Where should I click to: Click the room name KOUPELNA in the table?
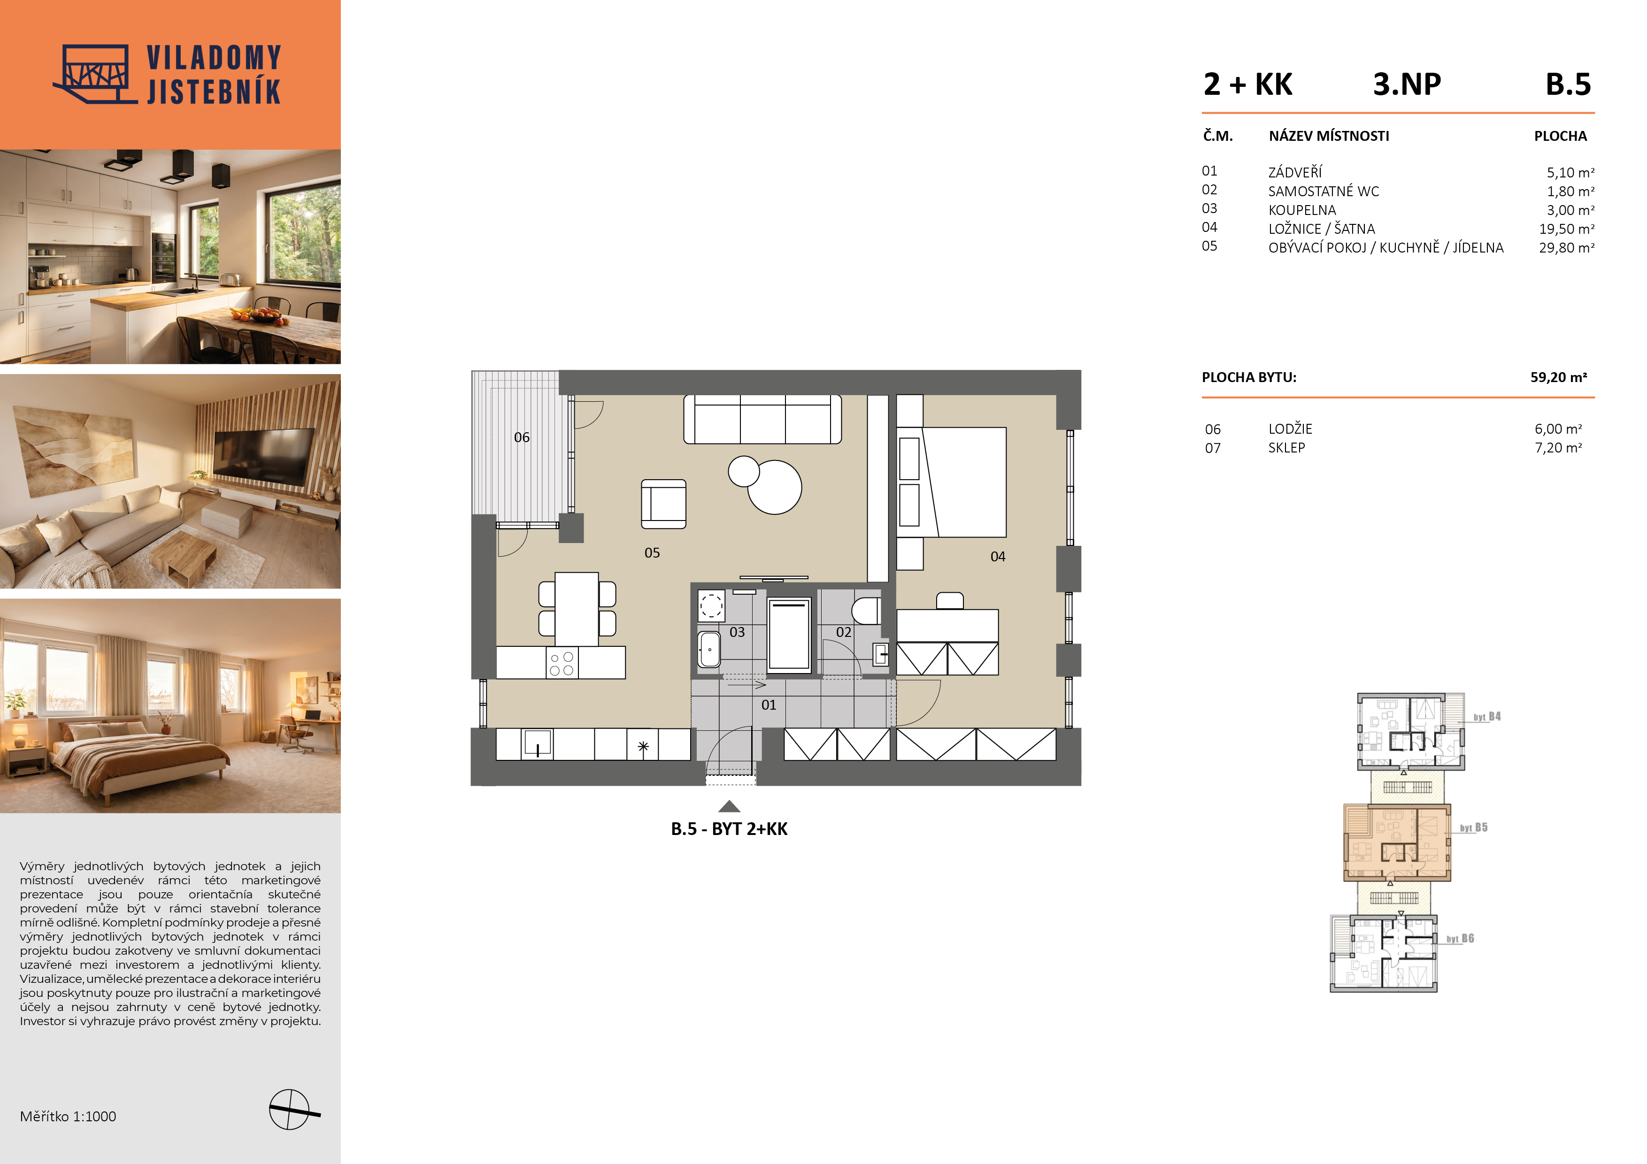(x=1302, y=210)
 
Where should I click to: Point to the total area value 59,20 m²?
(x=1558, y=377)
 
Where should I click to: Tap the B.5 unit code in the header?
(x=1568, y=84)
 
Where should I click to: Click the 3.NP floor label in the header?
(x=1407, y=84)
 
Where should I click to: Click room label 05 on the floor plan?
(x=652, y=553)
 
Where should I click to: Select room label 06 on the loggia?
(x=522, y=437)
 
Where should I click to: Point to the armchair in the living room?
(x=663, y=504)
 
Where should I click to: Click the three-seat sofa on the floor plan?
(x=762, y=420)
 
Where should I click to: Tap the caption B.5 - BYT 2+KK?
(x=729, y=829)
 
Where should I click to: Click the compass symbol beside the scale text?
(x=291, y=1110)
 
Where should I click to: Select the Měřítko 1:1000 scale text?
(x=68, y=1117)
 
